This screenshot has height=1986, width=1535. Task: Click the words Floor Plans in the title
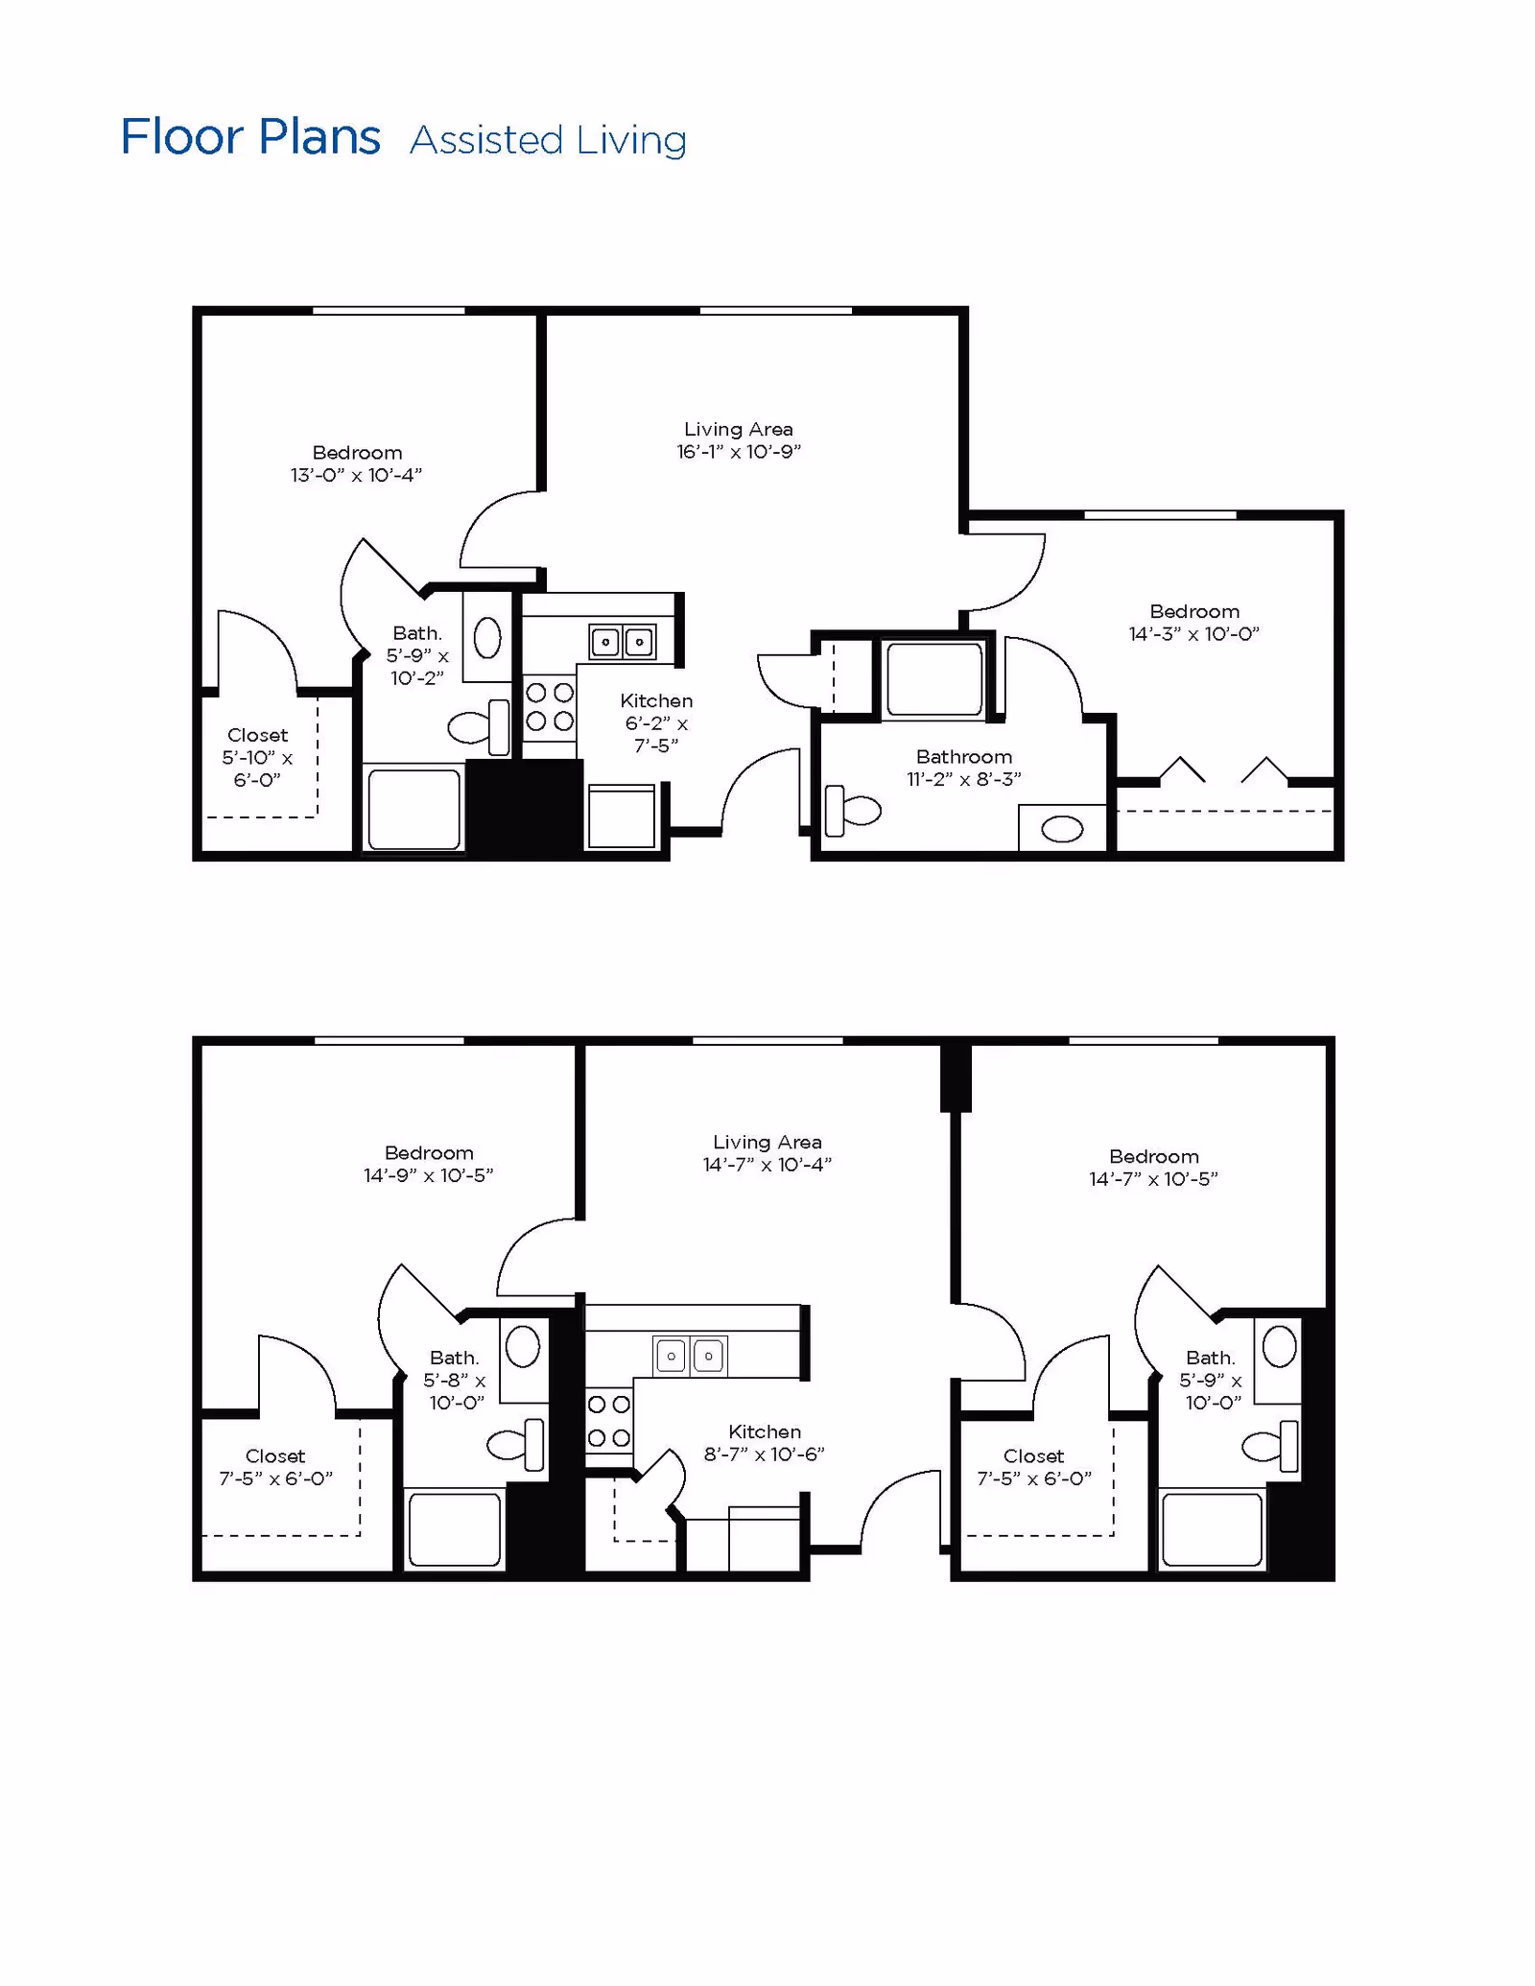coord(250,137)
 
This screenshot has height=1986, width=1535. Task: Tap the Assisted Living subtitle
coord(548,140)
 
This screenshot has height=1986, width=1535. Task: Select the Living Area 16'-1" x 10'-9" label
coord(739,440)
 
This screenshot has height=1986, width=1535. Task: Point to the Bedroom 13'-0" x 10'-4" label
coord(357,463)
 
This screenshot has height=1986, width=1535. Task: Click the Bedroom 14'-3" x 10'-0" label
coord(1194,623)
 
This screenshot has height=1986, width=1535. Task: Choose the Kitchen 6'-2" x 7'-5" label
coord(656,722)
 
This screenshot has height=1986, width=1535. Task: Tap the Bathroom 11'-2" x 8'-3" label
coord(964,768)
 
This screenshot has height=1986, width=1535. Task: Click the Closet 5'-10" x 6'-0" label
coord(257,757)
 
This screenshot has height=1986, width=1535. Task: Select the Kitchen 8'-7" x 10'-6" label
coord(765,1442)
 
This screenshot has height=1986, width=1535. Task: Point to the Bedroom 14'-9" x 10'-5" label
coord(429,1164)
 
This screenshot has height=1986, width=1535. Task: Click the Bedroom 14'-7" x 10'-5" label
coord(1153,1168)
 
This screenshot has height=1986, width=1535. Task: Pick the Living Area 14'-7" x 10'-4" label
coord(767,1153)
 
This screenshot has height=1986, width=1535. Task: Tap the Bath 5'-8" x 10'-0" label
coord(455,1380)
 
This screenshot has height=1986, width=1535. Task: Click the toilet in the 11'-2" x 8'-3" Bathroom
coord(853,811)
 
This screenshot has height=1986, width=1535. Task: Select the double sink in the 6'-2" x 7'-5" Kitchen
coord(623,642)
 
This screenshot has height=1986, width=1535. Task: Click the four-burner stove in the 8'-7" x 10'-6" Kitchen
coord(609,1421)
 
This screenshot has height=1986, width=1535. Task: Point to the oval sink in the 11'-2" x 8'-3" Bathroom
coord(1062,829)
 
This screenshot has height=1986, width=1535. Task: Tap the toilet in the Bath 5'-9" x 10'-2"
coord(479,727)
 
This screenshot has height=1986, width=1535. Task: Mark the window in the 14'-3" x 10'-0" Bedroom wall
coord(1161,515)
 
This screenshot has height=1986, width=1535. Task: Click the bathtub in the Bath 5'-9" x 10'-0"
coord(1213,1529)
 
